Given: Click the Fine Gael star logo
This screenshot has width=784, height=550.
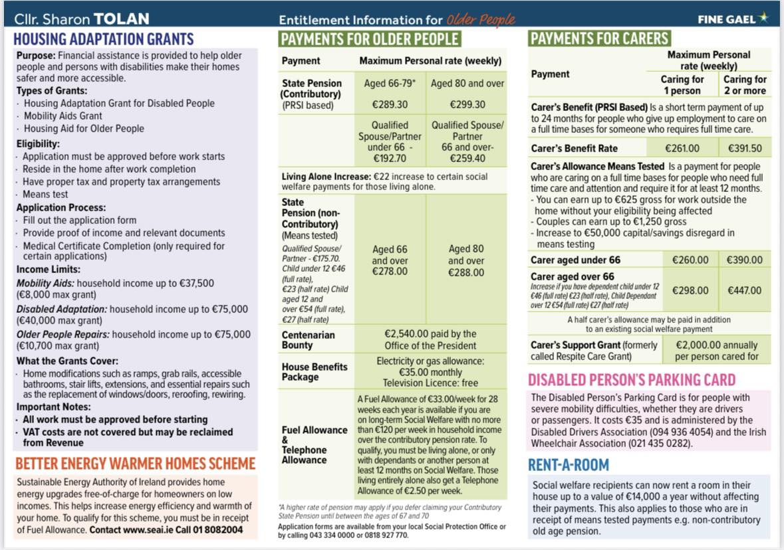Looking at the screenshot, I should coord(763,18).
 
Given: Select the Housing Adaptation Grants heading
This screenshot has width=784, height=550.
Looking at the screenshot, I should coord(104,39).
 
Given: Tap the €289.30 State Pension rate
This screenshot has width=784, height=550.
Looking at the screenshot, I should coord(391,105).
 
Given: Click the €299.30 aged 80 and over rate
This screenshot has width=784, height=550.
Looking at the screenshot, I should coord(467,105).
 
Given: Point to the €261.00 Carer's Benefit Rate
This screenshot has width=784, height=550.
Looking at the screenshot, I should coord(682,148).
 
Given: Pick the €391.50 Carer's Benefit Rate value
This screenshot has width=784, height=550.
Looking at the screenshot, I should coord(745,148).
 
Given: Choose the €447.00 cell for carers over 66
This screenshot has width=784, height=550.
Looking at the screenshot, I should coord(745,290).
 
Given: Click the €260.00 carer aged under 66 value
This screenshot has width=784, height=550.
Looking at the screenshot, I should coord(690,260).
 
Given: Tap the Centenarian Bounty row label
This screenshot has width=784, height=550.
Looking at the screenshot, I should coord(308,340).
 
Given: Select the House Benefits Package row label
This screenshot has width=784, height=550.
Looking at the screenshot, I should coord(315,371).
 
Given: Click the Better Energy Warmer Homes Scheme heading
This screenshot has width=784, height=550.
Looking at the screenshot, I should coord(135,463).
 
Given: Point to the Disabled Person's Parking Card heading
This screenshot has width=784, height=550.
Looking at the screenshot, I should coord(632,380).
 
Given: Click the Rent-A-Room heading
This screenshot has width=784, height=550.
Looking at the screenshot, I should coord(569,465).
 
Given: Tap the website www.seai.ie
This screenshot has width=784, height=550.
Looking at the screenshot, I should coord(153,530).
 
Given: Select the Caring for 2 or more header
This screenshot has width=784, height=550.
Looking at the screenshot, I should coord(745,84).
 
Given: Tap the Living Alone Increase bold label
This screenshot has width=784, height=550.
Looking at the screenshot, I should coord(326,177).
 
